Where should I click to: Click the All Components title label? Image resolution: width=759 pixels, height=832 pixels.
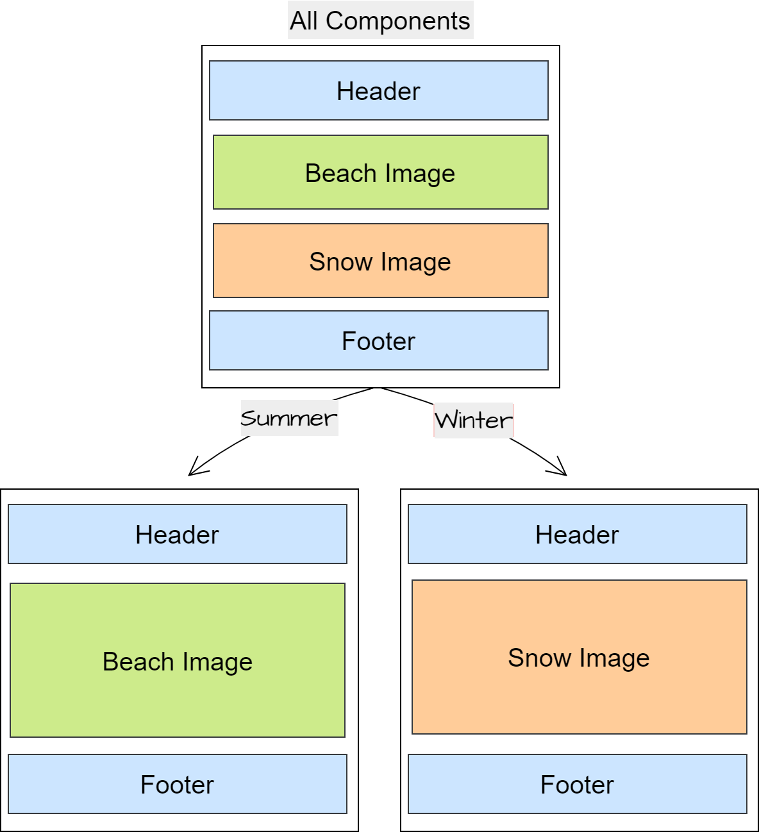(380, 21)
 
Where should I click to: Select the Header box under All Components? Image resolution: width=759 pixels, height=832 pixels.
(379, 90)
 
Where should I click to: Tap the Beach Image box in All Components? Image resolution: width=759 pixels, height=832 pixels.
(380, 172)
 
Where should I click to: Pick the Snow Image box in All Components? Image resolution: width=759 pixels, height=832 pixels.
(380, 260)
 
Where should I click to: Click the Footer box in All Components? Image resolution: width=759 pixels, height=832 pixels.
(379, 340)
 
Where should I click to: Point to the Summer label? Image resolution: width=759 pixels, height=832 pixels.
(289, 418)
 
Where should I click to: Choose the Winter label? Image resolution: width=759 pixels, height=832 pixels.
(474, 420)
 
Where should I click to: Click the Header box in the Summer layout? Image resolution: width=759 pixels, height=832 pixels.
(178, 534)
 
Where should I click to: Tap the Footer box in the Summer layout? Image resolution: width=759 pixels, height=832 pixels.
(178, 784)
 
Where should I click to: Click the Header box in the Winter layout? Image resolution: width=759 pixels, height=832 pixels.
(578, 534)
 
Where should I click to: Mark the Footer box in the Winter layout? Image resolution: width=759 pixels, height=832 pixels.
(578, 784)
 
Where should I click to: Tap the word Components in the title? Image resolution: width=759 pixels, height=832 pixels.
(398, 21)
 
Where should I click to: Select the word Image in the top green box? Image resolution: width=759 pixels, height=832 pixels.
(420, 174)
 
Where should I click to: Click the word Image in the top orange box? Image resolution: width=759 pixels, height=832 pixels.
(416, 262)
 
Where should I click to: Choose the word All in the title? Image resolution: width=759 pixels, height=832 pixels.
(304, 21)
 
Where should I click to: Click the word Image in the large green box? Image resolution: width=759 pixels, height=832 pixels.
(217, 662)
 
